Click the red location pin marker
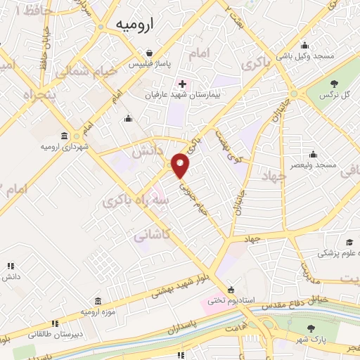pyautogui.click(x=181, y=166)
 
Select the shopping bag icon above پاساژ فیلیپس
pyautogui.click(x=150, y=53)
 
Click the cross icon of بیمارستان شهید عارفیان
pyautogui.click(x=182, y=84)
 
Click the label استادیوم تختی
pyautogui.click(x=224, y=302)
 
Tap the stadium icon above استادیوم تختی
pyautogui.click(x=231, y=290)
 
